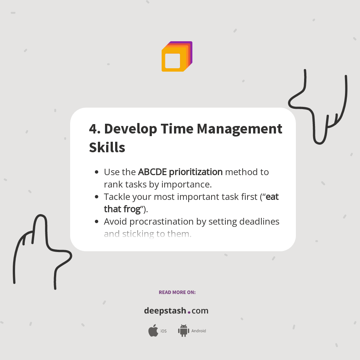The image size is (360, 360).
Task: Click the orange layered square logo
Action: pos(177,57)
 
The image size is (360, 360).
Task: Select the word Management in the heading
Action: pos(240,129)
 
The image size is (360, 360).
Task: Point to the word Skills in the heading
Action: pos(107,147)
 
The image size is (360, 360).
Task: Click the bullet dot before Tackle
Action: pos(97,197)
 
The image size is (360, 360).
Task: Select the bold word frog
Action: pos(132,209)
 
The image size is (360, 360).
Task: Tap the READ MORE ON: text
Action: pos(177,292)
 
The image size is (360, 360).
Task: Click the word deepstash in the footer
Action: pos(165,311)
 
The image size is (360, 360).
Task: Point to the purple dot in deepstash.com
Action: pos(189,312)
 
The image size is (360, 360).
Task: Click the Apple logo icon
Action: pos(153,331)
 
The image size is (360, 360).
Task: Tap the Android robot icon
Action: pos(183,330)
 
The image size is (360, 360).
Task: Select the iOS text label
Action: pos(163,331)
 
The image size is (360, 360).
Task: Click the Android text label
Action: pos(198,331)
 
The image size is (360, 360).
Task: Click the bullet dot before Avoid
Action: pos(97,222)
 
